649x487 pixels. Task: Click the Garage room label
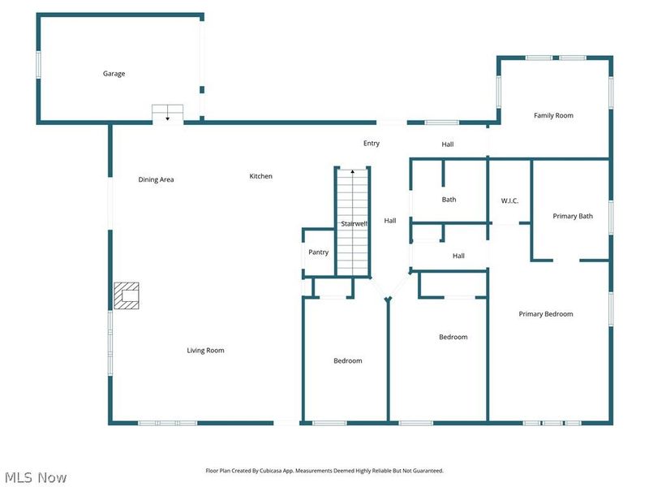[x=114, y=74]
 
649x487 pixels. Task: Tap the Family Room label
[x=553, y=115]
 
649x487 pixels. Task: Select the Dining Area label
[x=156, y=179]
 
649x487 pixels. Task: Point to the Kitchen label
[x=260, y=176]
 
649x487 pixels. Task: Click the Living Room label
[x=205, y=351]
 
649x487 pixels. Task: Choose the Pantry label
[x=318, y=252]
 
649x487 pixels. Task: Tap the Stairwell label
[x=355, y=224]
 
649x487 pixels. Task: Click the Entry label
[x=372, y=144]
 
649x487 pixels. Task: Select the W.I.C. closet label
[x=509, y=200]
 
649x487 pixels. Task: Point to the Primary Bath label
[x=573, y=216]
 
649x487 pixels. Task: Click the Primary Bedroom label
[x=546, y=314]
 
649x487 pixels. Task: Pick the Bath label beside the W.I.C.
[x=449, y=200]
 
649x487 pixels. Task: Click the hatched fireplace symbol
[x=127, y=295]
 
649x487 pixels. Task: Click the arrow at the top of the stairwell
[x=353, y=170]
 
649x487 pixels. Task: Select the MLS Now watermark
[x=36, y=477]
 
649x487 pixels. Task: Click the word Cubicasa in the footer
[x=271, y=471]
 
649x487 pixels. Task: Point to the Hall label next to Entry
[x=448, y=144]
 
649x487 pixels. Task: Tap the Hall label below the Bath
[x=458, y=256]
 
